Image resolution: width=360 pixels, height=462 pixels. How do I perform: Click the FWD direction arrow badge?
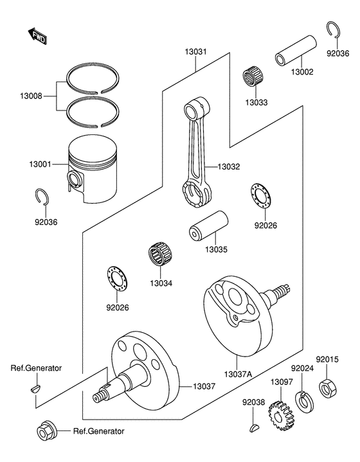(38, 36)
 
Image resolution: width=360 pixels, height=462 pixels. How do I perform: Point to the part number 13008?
(32, 96)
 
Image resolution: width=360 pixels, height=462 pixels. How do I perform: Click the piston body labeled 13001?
(94, 175)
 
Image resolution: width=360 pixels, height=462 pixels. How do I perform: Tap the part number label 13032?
(228, 166)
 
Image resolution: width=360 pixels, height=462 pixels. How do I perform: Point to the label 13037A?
(239, 375)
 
